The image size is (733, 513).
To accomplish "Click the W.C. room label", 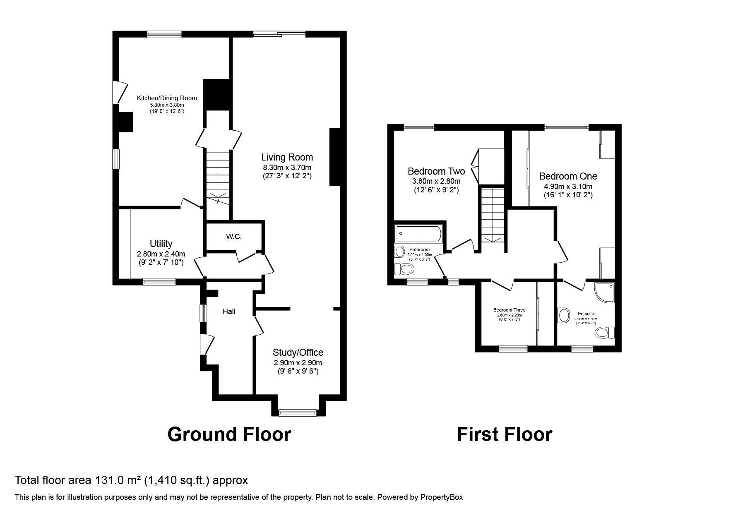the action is tap(234, 237).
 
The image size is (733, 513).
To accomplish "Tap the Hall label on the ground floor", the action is tap(229, 312).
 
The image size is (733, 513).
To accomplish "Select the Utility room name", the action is tap(161, 244).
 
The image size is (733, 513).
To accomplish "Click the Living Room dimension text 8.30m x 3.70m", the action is tap(287, 168).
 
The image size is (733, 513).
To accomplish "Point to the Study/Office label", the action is tap(298, 352).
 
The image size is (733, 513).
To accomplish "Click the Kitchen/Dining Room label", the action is tap(167, 98).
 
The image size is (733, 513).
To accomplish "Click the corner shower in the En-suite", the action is tap(604, 293).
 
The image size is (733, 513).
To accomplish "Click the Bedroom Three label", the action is tap(509, 310).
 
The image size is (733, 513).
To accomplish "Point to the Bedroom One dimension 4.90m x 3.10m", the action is tap(568, 187).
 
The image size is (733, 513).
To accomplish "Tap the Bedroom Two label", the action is tap(436, 171).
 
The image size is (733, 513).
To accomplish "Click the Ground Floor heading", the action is tap(229, 435).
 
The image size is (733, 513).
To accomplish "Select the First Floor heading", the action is tap(505, 435).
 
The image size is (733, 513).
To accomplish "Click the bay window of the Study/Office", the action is tap(298, 412).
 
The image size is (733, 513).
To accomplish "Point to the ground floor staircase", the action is tap(218, 178).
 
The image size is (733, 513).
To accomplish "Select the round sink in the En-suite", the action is tap(563, 315).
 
